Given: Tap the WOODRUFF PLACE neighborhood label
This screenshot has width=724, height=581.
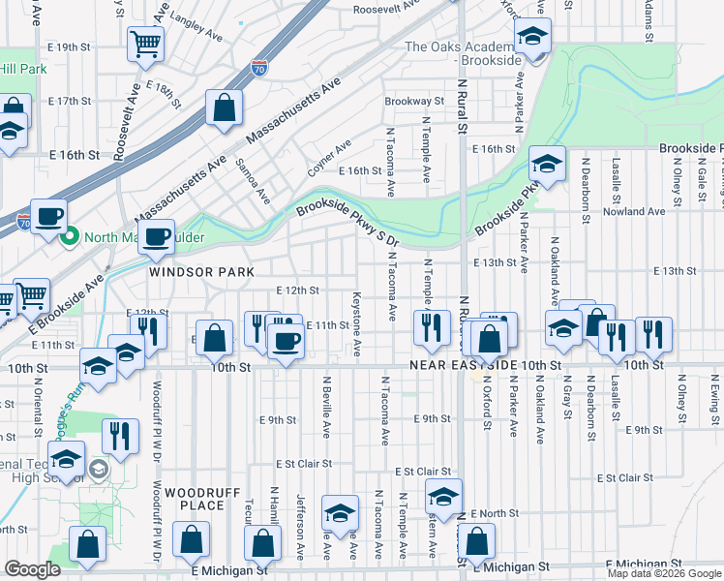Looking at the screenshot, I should [196, 499].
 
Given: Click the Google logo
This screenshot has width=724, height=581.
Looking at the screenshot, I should [32, 569].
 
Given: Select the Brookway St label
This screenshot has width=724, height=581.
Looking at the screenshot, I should [413, 101].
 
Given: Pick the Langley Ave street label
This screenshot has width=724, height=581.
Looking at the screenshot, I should [196, 28].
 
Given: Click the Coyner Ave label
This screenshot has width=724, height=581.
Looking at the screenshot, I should [329, 156].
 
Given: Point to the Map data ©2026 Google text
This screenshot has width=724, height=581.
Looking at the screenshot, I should [664, 573].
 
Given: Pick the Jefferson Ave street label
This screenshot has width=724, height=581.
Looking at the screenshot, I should [301, 519].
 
